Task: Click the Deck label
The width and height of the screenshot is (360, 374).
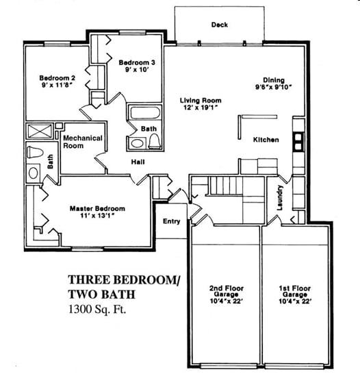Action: tap(220, 25)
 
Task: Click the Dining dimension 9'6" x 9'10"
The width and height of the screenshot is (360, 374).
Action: tap(274, 87)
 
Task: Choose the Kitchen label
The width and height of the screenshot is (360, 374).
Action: tap(266, 140)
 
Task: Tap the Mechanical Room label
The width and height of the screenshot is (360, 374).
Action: tap(82, 142)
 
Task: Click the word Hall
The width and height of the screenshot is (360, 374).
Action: tap(138, 162)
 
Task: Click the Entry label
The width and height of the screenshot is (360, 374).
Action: tap(172, 221)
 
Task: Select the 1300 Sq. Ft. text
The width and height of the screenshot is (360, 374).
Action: tap(98, 309)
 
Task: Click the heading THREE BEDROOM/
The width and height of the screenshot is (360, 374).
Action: tap(123, 279)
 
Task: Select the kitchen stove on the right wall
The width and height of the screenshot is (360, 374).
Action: tap(298, 140)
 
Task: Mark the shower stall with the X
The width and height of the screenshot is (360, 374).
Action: tap(35, 132)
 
